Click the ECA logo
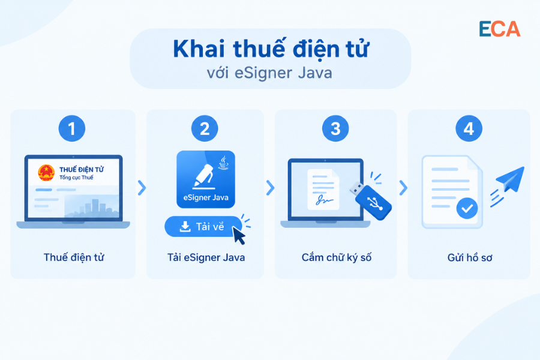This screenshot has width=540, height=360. point(499,29)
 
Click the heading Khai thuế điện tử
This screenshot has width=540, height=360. point(271,49)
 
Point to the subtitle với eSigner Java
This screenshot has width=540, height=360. point(269,73)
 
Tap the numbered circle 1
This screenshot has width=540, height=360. point(71,128)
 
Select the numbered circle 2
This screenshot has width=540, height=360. point(205,128)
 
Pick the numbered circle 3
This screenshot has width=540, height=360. point(335,128)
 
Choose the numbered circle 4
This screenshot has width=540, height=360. point(469,128)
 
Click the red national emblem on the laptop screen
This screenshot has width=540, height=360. point(46,173)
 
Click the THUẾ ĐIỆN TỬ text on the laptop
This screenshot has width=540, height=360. point(81,169)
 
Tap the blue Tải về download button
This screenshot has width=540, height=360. point(203,226)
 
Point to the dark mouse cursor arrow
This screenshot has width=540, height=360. point(239,236)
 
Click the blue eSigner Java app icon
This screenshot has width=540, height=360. point(206,179)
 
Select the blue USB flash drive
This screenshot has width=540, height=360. point(371,200)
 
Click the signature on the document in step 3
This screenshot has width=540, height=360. point(325,200)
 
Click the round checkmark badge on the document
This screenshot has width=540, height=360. point(467,208)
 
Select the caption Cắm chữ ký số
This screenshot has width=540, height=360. point(337,257)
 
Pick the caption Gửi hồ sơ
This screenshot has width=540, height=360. point(470,257)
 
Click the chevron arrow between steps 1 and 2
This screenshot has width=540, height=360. point(142,188)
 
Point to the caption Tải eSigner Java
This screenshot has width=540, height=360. point(206,257)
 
